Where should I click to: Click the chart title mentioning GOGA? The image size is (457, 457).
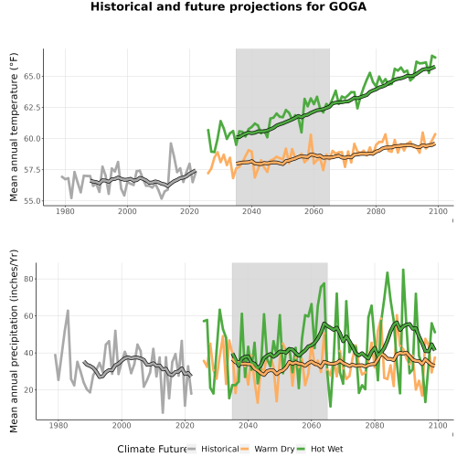click(228, 6)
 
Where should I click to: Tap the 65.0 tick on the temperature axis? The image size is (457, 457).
click(32, 76)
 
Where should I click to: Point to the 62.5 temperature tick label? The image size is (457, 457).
click(32, 108)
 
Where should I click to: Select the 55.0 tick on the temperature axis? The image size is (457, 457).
click(32, 201)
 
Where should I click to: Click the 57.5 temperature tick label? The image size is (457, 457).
click(32, 170)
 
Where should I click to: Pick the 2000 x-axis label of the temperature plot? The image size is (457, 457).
click(127, 211)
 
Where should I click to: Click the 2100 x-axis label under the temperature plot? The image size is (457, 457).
click(438, 211)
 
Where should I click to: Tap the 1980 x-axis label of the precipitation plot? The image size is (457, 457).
click(58, 425)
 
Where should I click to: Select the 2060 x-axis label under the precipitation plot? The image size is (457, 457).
click(312, 425)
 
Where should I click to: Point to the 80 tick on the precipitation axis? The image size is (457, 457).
click(29, 279)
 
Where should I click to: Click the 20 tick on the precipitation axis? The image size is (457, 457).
click(29, 390)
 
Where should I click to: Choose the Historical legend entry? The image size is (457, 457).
click(213, 449)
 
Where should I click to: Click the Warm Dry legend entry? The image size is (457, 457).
click(268, 449)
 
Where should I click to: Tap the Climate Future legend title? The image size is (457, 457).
click(152, 449)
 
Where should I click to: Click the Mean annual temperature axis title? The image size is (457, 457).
click(14, 127)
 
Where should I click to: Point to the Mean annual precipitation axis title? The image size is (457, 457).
click(14, 341)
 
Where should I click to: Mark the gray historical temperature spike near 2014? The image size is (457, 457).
click(171, 143)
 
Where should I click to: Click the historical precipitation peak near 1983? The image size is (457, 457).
click(68, 311)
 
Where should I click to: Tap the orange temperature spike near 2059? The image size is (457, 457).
click(311, 134)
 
